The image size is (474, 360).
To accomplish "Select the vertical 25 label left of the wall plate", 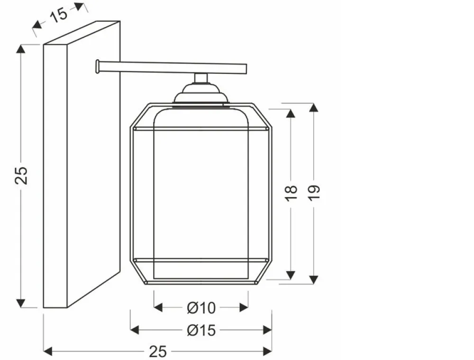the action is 21,175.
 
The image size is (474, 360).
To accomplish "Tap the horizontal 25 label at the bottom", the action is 158,351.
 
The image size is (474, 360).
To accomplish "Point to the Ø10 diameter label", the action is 201,308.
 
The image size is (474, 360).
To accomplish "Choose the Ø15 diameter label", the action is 201,330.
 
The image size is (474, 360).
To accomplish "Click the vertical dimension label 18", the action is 291,193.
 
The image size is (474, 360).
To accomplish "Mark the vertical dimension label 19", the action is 314,193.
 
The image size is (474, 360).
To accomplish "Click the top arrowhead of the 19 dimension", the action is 314,108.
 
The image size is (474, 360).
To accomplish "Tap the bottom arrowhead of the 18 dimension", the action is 291,275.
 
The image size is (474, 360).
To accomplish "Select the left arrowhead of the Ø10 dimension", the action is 158,308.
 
